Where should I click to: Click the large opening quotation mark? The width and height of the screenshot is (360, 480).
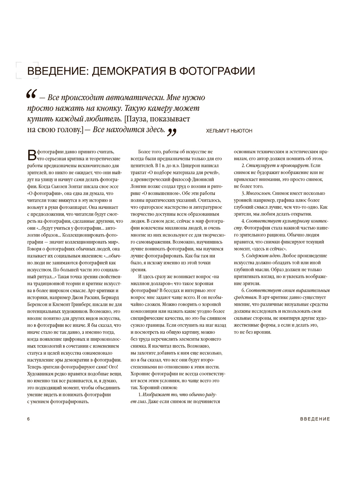tap(31, 96)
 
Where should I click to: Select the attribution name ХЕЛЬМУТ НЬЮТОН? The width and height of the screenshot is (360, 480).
tap(229, 131)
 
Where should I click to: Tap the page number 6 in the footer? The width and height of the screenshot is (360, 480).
tap(28, 419)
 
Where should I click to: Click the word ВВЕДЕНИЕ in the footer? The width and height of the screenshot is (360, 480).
tap(315, 419)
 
